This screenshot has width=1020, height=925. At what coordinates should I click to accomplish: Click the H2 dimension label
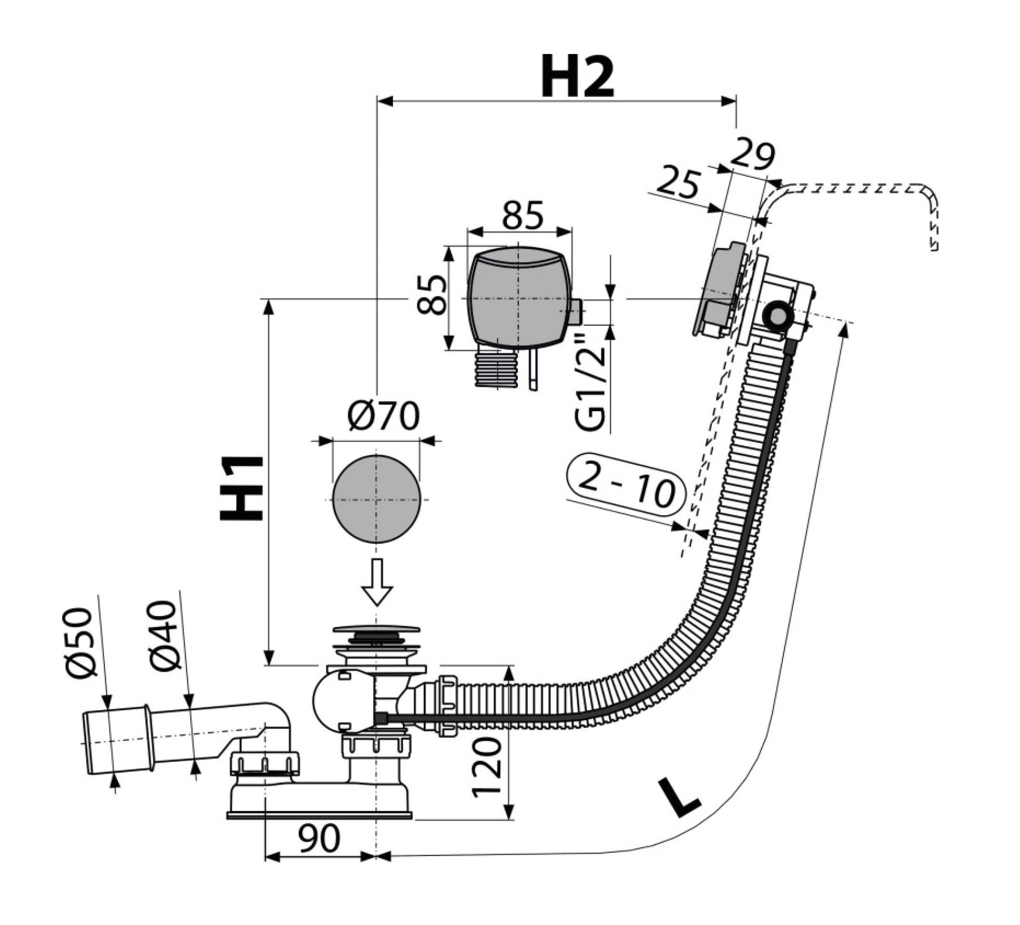[577, 77]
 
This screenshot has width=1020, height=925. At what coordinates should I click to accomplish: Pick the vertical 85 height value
[432, 295]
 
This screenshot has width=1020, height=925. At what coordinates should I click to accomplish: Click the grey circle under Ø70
[376, 499]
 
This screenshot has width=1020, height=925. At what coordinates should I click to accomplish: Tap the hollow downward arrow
[376, 582]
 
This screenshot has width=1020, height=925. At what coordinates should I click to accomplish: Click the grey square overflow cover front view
[519, 297]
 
